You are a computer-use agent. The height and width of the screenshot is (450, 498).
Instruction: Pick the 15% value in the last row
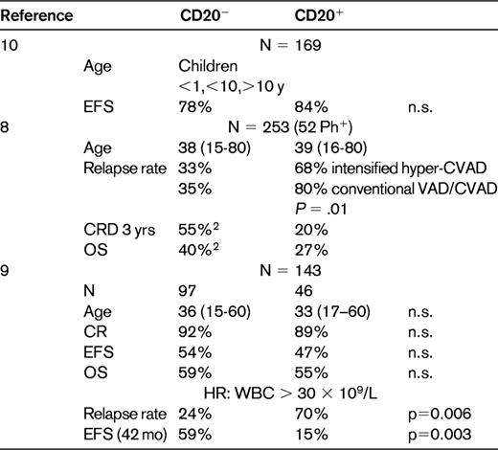pos(308,439)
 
